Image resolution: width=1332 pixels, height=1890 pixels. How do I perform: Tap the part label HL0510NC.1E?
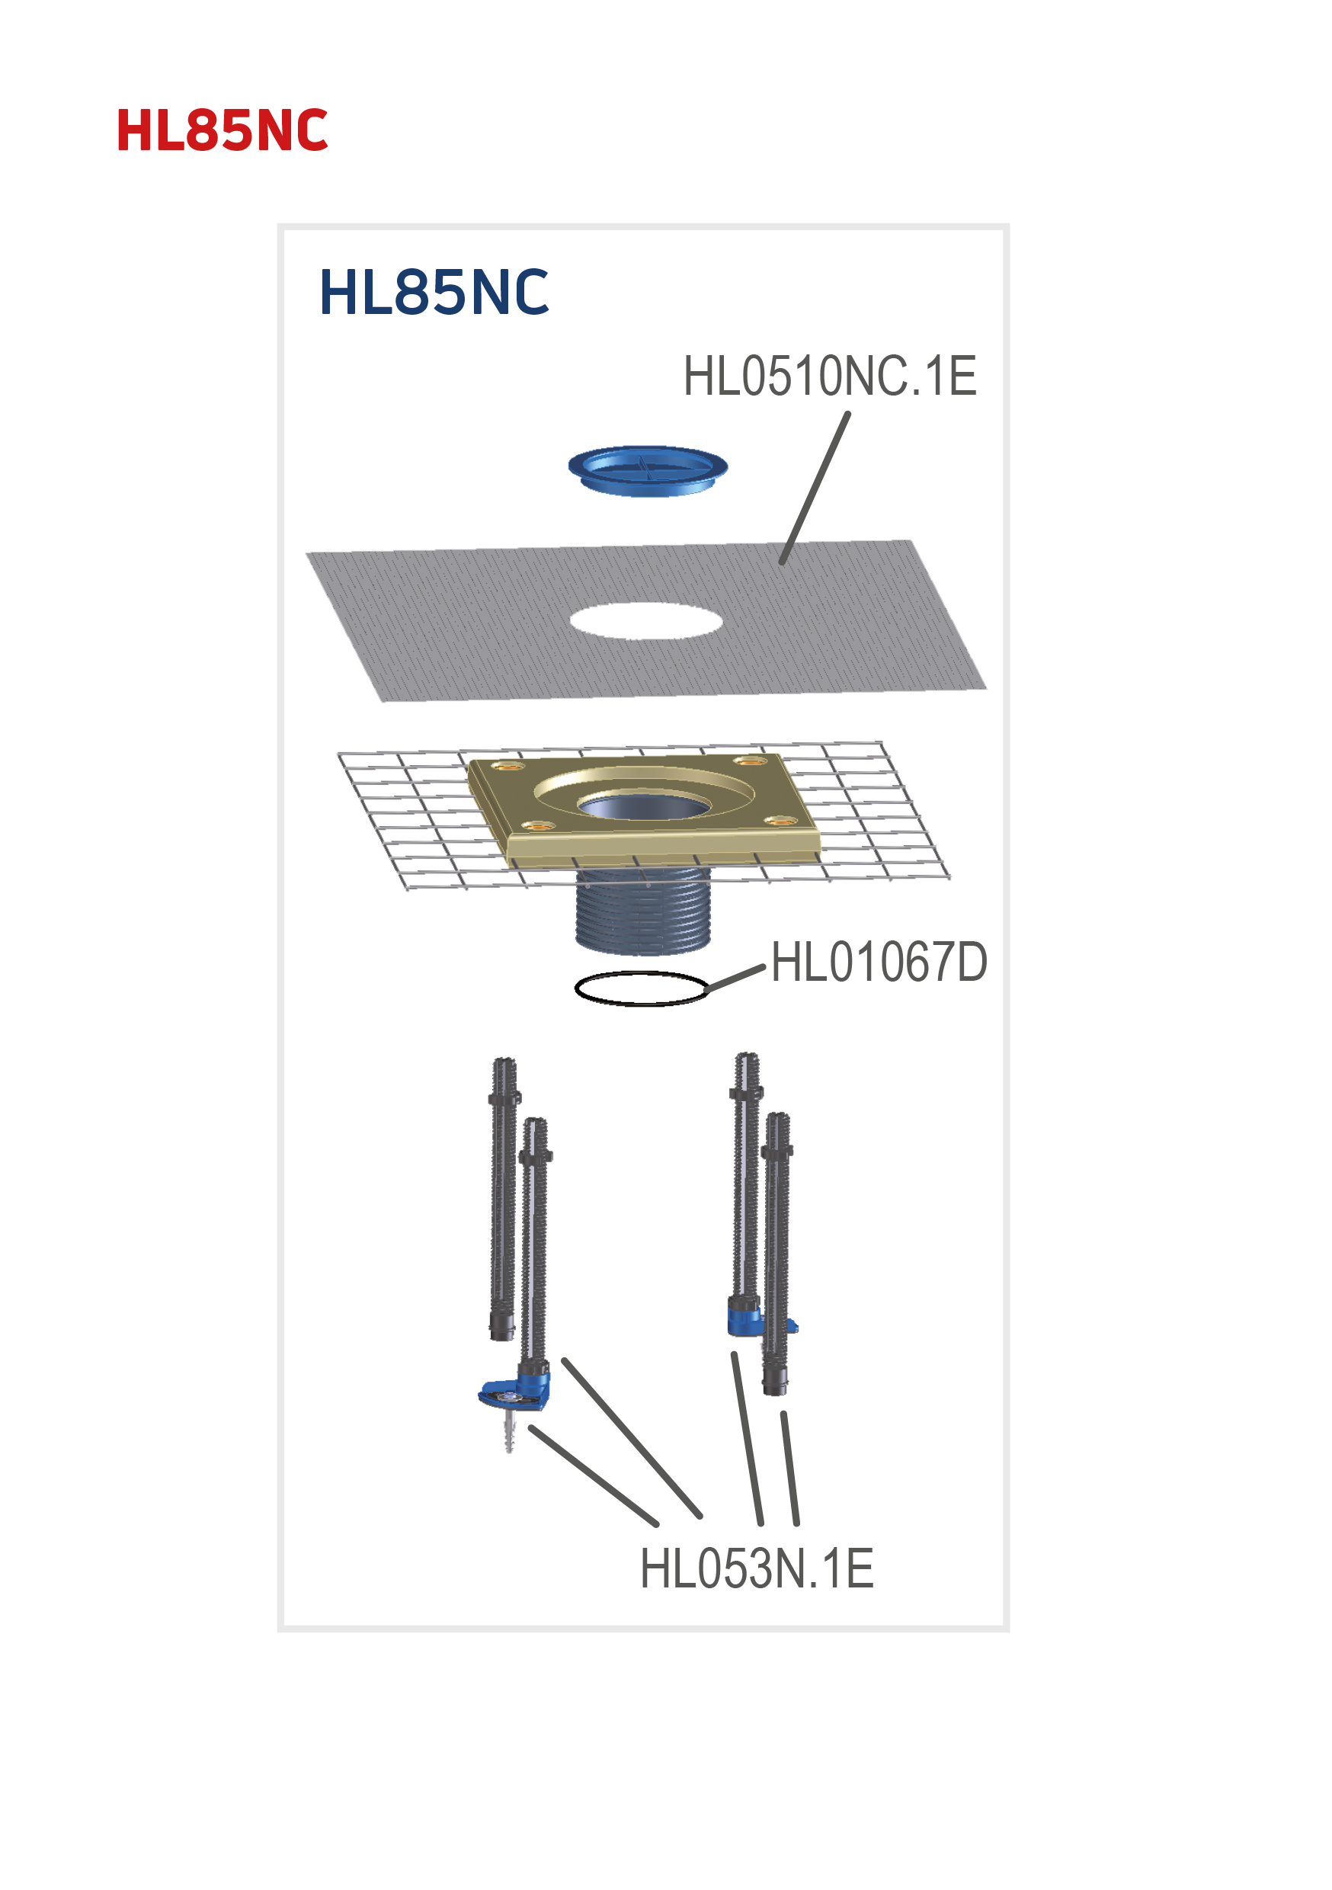(829, 376)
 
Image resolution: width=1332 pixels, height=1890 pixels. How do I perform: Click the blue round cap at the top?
(647, 470)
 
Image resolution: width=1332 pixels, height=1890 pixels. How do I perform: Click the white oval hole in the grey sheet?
(646, 620)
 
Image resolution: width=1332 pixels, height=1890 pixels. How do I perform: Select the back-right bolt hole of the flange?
(749, 760)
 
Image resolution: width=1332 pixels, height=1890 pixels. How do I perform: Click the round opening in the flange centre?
(644, 805)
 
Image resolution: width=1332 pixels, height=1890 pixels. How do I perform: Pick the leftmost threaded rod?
(502, 1193)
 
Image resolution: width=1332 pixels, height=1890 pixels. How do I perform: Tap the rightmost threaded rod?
(777, 1251)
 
